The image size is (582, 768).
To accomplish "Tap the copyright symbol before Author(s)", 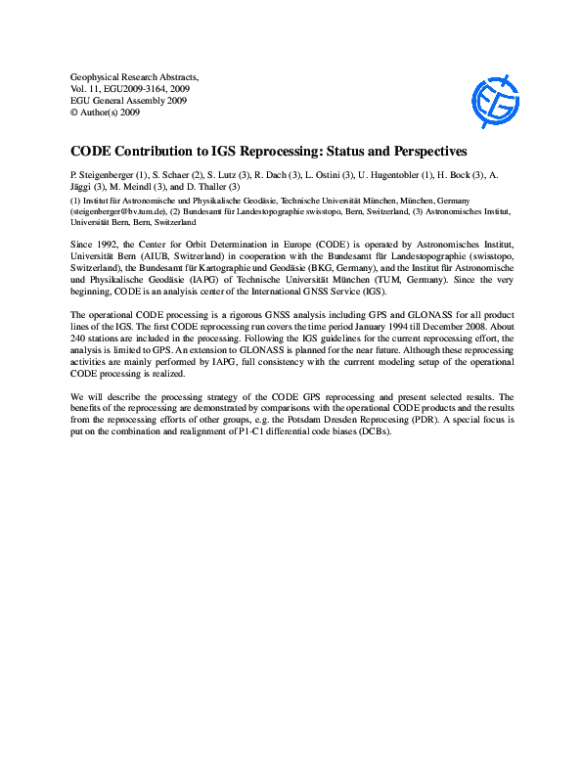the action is click(x=74, y=112).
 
